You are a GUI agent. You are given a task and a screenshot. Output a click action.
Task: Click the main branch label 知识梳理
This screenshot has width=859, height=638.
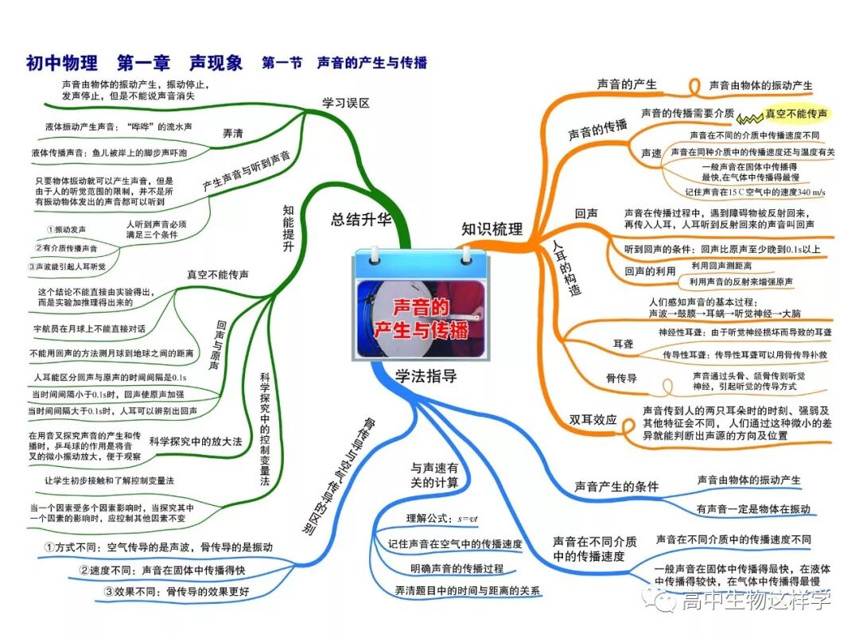[492, 229]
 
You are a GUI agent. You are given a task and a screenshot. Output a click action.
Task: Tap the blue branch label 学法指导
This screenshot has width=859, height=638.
[426, 375]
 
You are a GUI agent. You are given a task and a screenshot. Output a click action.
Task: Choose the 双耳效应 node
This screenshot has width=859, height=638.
[593, 419]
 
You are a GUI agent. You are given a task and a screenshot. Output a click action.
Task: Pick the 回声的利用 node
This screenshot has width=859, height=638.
[650, 272]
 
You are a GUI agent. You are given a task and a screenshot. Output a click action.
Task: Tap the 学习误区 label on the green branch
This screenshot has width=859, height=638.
[346, 103]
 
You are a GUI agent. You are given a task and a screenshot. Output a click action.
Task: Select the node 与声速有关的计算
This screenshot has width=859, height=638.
[434, 476]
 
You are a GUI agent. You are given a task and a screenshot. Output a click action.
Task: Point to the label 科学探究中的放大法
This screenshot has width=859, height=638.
[195, 441]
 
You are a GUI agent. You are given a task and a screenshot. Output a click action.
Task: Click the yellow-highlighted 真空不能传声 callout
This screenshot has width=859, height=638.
[795, 114]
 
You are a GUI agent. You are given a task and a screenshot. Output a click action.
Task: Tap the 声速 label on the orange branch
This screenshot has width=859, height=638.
[651, 153]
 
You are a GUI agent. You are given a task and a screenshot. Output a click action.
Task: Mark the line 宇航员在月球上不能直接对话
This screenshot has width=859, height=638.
[89, 328]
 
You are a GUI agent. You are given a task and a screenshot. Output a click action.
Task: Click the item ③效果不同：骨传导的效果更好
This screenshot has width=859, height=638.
[177, 591]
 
